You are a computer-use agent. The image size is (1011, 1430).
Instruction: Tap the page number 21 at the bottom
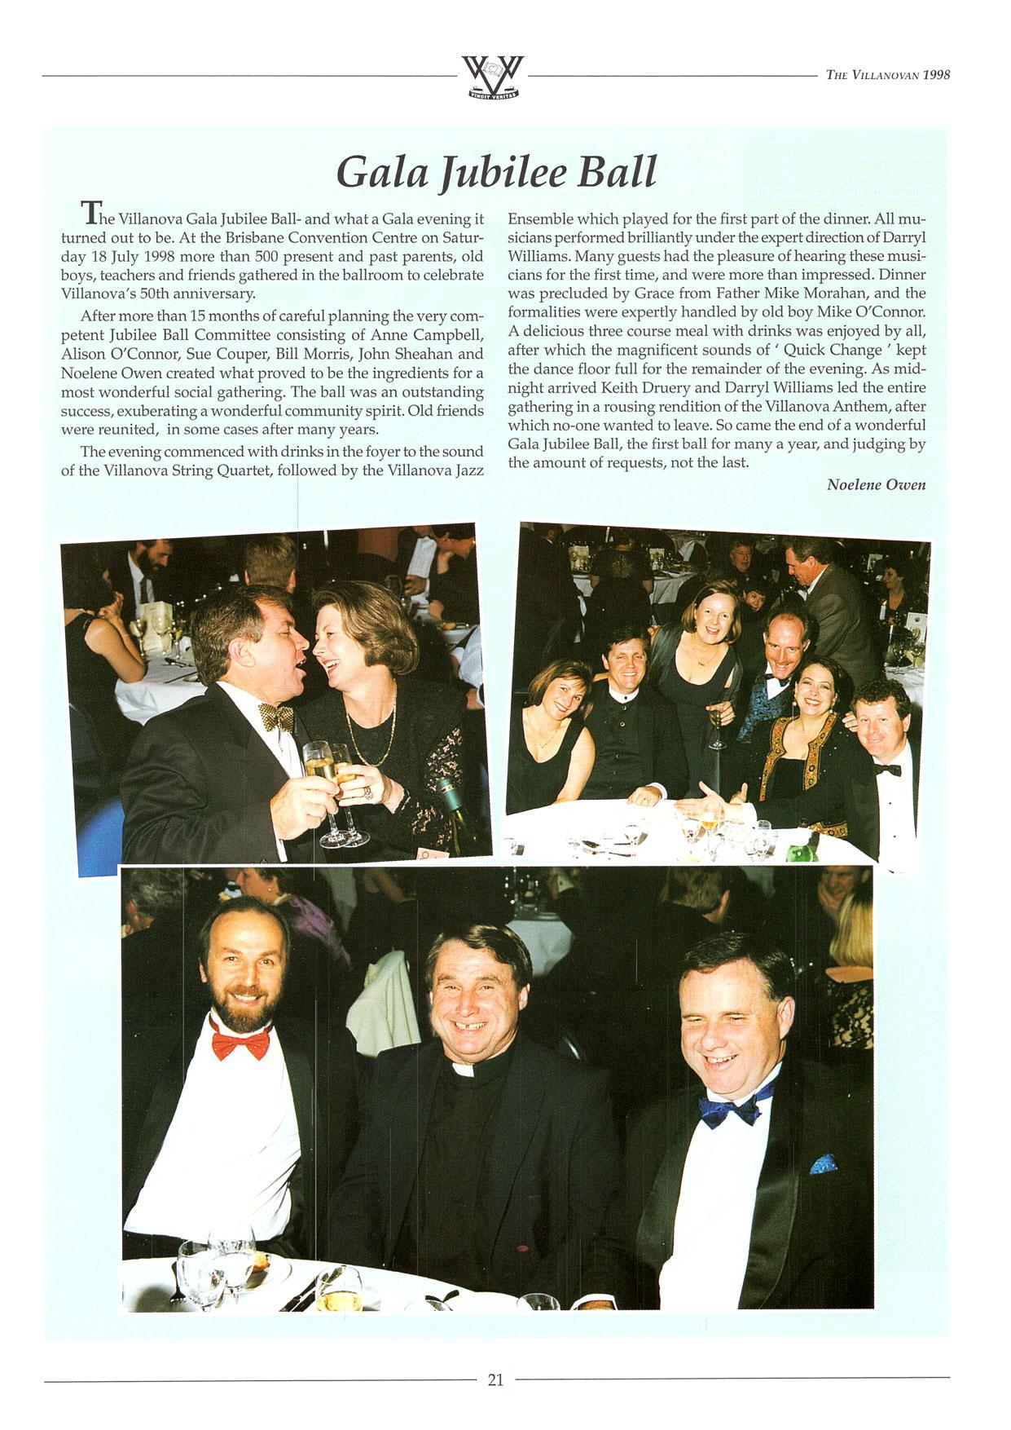[495, 1379]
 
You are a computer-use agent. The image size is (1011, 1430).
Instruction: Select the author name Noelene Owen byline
[876, 484]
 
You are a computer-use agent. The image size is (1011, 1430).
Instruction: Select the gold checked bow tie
[276, 718]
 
